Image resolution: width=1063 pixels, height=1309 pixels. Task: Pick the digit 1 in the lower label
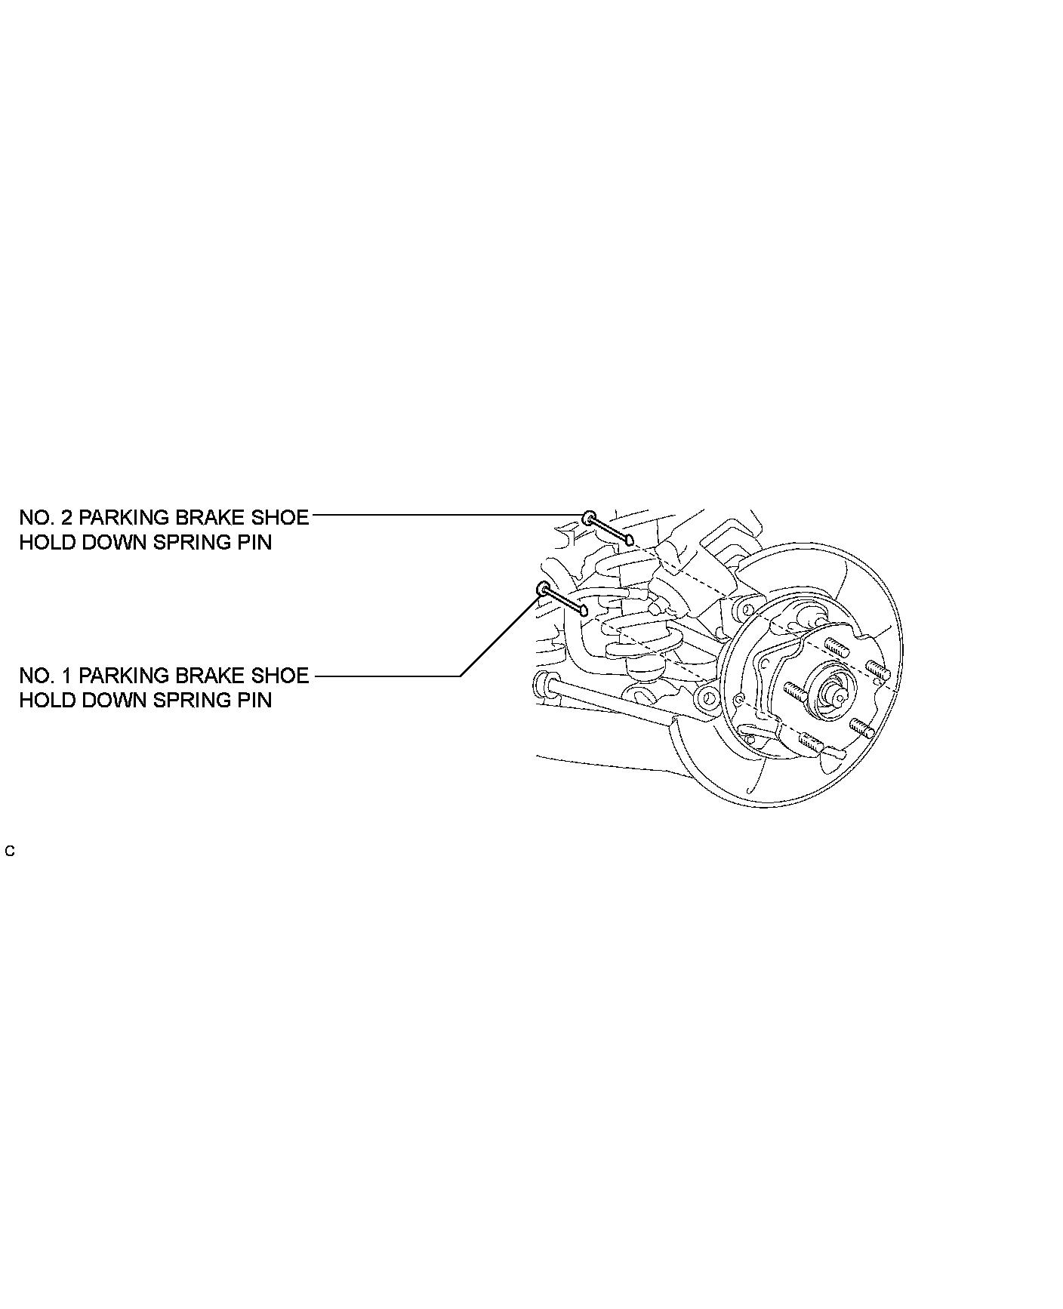(66, 676)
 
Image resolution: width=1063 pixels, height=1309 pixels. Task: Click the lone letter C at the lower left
(10, 852)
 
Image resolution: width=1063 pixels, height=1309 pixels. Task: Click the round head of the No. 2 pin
(589, 518)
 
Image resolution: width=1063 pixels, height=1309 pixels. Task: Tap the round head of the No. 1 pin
(542, 588)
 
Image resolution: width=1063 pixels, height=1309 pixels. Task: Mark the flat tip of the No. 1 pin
(583, 610)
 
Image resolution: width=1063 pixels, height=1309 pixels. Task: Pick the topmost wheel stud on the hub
(833, 646)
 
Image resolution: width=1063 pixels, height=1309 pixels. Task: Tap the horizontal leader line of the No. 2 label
(445, 516)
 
